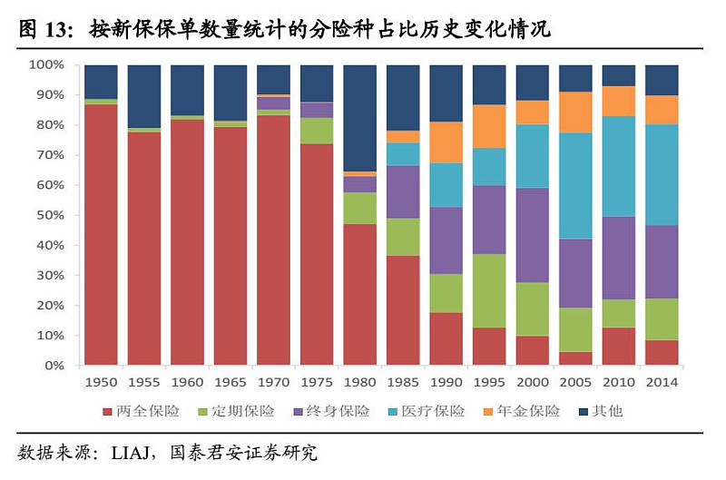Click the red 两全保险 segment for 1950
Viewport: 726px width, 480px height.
101,234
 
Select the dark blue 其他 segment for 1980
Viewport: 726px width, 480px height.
360,118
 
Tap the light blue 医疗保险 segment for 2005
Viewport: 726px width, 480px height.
576,186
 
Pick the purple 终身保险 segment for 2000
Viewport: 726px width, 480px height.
533,235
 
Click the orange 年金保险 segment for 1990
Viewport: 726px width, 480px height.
446,142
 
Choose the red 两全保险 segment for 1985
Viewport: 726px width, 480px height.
403,309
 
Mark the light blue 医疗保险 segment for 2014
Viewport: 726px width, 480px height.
662,174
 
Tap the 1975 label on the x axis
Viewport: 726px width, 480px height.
317,383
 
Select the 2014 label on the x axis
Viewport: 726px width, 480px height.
662,383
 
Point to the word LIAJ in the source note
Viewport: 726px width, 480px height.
131,452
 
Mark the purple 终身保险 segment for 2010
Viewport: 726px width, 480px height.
619,258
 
